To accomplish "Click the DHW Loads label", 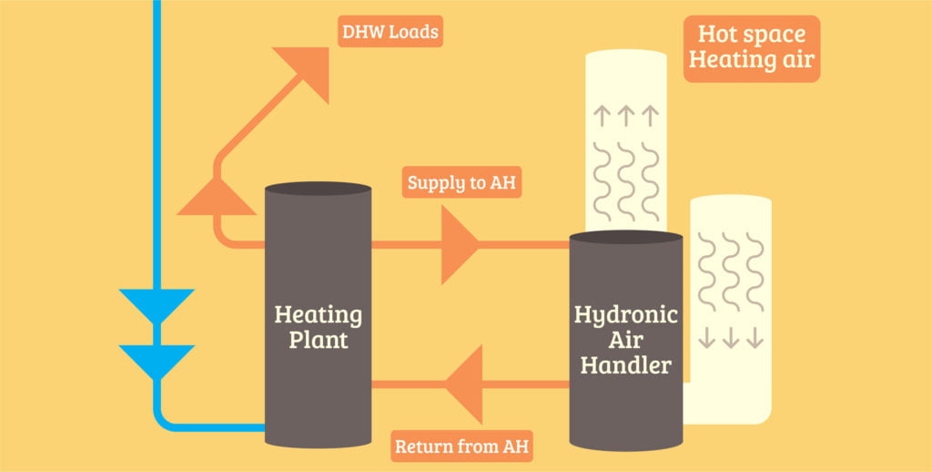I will (x=390, y=33).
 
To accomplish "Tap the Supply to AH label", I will (x=461, y=183).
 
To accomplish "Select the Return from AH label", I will (x=461, y=447).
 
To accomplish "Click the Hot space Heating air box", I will (x=751, y=47).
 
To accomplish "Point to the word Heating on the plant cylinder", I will (x=318, y=316).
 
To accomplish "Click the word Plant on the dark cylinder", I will (x=318, y=342).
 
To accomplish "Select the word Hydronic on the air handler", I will (x=625, y=316).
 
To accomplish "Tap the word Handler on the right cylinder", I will (x=625, y=366).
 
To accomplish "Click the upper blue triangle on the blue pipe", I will (x=157, y=304).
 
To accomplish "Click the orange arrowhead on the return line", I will (x=464, y=384).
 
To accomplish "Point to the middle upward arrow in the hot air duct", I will (x=624, y=116).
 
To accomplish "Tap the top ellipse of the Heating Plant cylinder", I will (x=318, y=189).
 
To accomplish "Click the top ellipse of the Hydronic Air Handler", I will (x=625, y=237).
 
